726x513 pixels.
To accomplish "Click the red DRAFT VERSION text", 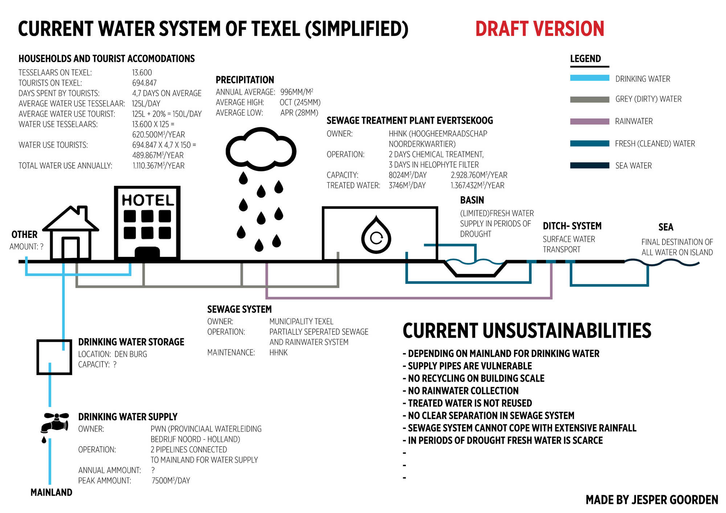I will tap(539, 29).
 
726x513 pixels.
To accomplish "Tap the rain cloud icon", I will tap(261, 149).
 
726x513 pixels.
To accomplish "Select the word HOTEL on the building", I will tap(147, 200).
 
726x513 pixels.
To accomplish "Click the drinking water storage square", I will tap(54, 357).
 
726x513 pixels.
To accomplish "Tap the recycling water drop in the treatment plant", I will tap(376, 235).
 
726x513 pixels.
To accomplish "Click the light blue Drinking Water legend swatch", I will tap(590, 78).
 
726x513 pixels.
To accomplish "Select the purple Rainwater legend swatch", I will tap(590, 122).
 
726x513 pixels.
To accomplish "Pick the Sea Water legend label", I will tap(633, 166).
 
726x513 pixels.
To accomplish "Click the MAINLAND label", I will tap(51, 492).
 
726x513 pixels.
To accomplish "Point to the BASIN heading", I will tap(472, 200).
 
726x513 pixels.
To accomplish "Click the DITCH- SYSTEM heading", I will tap(572, 226).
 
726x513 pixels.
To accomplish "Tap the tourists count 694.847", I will tap(144, 83).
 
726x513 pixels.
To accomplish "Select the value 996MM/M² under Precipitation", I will tap(297, 92).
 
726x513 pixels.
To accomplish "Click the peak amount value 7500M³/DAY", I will tap(171, 481).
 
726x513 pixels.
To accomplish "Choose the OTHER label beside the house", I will tap(24, 234).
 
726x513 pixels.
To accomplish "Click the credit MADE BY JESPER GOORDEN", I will tap(652, 500).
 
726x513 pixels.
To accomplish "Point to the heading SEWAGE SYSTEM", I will tap(239, 309).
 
